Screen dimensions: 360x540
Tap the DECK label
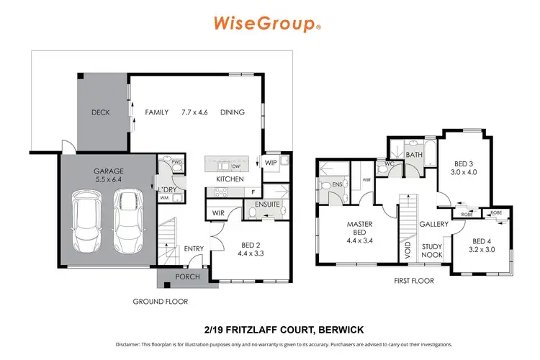(x=100, y=112)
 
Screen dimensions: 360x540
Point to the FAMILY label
(x=156, y=112)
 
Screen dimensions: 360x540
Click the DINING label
(x=232, y=112)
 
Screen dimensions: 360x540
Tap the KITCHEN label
(x=230, y=179)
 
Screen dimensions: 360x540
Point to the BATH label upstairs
(x=413, y=154)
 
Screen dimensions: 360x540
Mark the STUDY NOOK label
(x=431, y=250)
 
